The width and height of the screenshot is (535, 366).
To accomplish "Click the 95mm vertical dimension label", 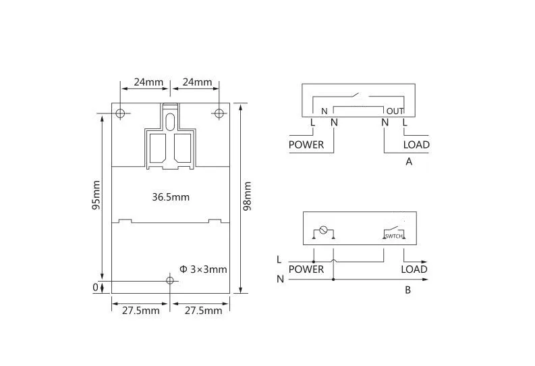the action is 96,194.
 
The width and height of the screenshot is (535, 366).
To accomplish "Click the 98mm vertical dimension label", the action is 247,196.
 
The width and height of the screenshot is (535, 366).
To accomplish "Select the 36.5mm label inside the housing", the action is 171,197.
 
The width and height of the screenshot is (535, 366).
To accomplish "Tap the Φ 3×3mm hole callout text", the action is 203,269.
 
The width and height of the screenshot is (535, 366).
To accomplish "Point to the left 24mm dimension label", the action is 148,82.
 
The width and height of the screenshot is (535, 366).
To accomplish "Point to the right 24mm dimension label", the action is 198,82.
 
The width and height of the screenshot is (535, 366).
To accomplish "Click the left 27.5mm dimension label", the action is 141,311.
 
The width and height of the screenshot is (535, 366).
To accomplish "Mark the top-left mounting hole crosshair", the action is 121,112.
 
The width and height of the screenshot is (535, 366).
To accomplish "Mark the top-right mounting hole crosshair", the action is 219,112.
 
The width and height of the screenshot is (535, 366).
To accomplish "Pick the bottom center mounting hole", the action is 169,280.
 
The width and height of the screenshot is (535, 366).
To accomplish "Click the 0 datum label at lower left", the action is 95,287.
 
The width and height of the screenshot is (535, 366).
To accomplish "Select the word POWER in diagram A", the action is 306,145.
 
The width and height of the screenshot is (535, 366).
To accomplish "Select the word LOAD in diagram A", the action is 416,145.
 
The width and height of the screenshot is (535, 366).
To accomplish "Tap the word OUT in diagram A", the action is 395,111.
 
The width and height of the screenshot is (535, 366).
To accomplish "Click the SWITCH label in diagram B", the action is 394,236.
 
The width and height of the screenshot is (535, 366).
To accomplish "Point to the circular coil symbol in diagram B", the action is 324,231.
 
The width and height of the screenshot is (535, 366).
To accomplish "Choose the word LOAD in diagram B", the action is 414,269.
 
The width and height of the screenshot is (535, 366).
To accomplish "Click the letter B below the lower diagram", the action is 407,290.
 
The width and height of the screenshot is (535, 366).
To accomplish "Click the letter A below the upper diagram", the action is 408,161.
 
